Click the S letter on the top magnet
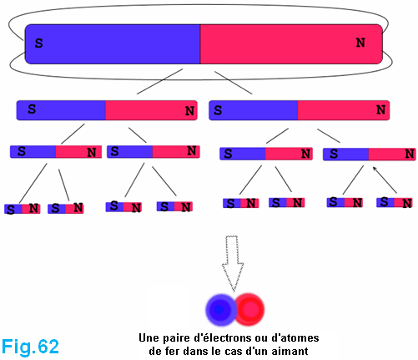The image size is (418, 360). [39, 43]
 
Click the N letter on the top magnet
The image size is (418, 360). [360, 43]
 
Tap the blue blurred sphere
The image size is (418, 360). [221, 309]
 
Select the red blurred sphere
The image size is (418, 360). [249, 309]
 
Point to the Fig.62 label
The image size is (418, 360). [30, 347]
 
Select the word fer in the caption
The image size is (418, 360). [171, 351]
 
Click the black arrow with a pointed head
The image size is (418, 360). [385, 180]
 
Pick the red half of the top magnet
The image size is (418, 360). [291, 44]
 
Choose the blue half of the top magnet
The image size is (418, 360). [113, 44]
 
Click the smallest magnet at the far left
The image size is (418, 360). [23, 209]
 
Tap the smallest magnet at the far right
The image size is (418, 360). [395, 202]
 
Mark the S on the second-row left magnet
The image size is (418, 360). [32, 109]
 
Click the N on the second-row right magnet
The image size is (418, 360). [380, 109]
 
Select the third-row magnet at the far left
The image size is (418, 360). [56, 152]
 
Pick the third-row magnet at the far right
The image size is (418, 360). [370, 155]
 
